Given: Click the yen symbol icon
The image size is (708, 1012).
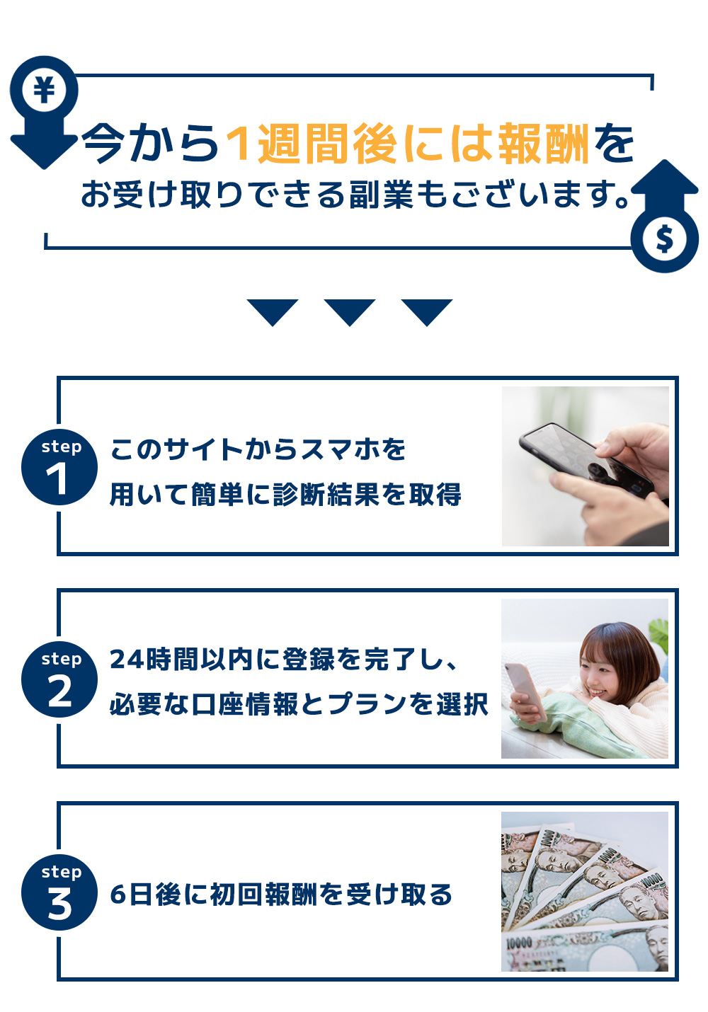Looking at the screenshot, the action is [44, 89].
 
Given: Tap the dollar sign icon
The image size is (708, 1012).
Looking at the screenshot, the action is [664, 238].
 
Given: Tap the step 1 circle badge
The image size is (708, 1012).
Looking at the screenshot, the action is [59, 466].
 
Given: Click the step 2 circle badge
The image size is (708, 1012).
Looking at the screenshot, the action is [59, 679].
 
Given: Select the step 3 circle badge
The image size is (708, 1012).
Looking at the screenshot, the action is [59, 892].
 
